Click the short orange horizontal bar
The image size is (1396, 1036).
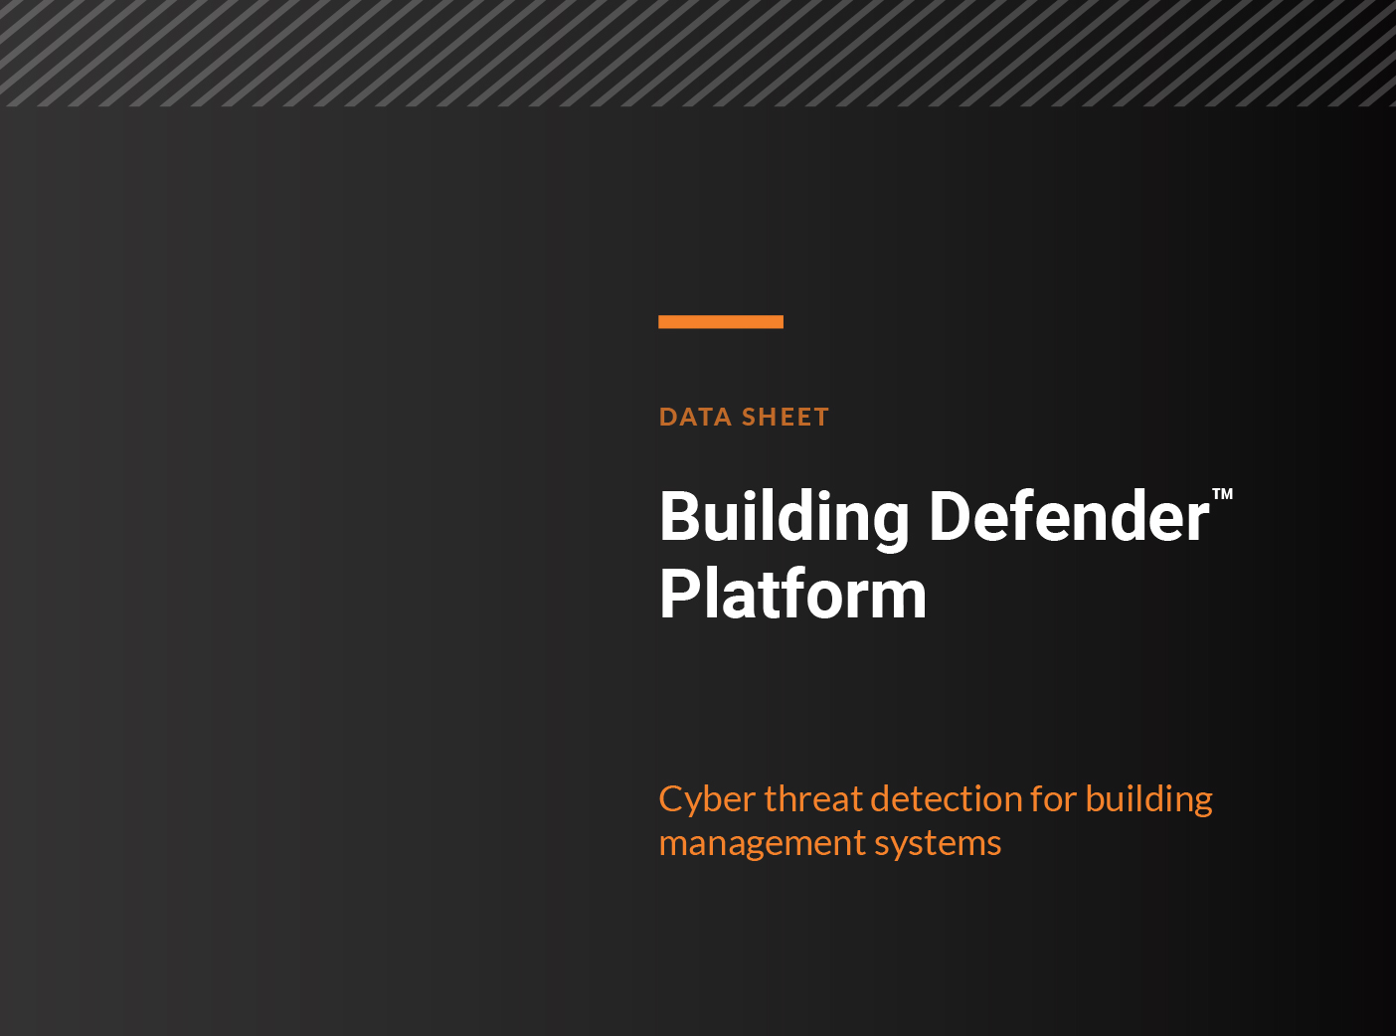point(721,321)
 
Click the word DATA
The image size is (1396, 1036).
point(695,417)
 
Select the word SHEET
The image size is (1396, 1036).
point(785,417)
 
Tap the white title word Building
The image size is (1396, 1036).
point(784,518)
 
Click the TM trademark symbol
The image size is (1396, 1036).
point(1222,494)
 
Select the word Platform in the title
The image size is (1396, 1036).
point(792,595)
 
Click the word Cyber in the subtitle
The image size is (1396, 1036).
point(707,799)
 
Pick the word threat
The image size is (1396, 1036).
point(813,799)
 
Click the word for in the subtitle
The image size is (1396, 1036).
point(1053,799)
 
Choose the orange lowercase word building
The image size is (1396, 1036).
point(1148,799)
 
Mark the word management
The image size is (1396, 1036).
point(762,843)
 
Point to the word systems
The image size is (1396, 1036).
point(938,843)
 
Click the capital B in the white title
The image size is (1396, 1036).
point(678,517)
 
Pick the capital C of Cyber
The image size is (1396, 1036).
point(673,799)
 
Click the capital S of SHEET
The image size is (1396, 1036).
point(751,417)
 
